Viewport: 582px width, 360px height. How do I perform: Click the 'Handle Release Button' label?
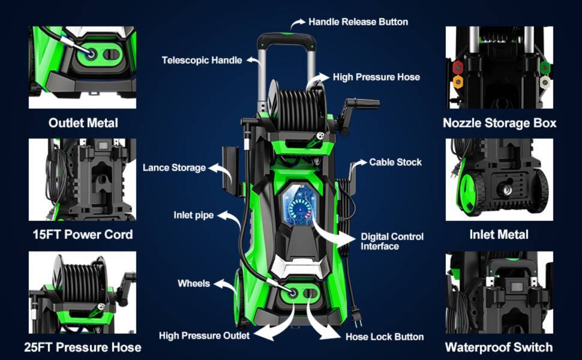coord(358,22)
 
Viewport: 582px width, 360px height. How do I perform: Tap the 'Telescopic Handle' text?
coord(202,60)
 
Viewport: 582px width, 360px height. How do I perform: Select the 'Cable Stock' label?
coord(395,162)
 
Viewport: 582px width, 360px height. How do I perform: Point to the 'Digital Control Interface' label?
coord(392,241)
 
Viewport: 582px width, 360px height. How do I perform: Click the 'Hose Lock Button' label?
coord(385,337)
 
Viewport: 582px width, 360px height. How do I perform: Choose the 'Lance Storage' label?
coord(174,168)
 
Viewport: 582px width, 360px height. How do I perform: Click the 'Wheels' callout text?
coord(193,283)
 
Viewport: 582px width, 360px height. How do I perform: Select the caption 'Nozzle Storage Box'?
coord(499,123)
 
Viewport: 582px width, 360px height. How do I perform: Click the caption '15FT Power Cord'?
coord(82,235)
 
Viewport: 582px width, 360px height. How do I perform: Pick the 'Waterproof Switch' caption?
coord(499,347)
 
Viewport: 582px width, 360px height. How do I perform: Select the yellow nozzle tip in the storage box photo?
coord(458,81)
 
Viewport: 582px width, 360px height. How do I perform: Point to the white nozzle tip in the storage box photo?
coord(544,82)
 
